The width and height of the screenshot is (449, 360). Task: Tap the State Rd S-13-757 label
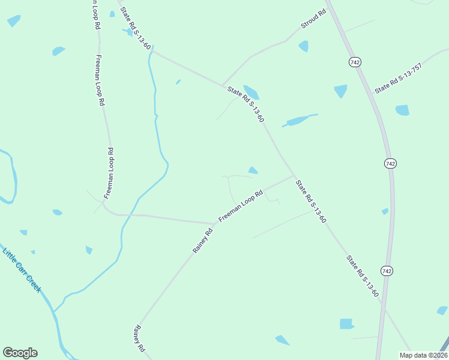(399, 78)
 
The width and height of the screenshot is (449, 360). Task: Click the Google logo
(20, 353)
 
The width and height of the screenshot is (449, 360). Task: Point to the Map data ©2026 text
(423, 355)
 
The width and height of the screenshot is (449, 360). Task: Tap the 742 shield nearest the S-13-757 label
(355, 62)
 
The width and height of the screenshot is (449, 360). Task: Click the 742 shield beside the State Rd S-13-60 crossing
(387, 271)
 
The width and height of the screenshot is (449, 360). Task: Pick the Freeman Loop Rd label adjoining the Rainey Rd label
(241, 206)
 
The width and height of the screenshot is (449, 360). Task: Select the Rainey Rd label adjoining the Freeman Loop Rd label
(203, 240)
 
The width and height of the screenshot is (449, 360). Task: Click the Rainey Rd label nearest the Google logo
(140, 338)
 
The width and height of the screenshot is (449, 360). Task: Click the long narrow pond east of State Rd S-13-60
(298, 120)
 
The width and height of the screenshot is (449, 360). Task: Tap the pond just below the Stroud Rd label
(304, 46)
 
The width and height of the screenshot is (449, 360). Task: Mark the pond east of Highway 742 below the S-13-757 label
(402, 110)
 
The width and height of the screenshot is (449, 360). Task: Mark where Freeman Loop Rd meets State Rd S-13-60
(294, 176)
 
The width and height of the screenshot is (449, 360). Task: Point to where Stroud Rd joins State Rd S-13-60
(223, 85)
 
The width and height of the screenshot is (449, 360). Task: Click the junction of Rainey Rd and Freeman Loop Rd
(214, 224)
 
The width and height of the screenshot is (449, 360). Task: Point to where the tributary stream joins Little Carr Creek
(54, 312)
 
